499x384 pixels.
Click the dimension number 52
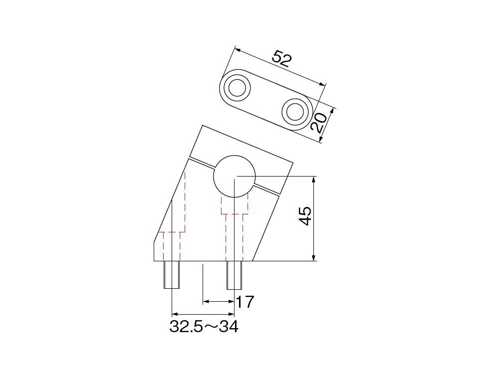(282, 59)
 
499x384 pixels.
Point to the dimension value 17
(245, 302)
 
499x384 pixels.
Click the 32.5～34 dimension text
(204, 327)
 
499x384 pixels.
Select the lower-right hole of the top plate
(295, 111)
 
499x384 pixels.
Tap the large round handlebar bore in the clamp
(235, 176)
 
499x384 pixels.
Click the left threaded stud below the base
(172, 275)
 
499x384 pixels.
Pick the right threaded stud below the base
(234, 275)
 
